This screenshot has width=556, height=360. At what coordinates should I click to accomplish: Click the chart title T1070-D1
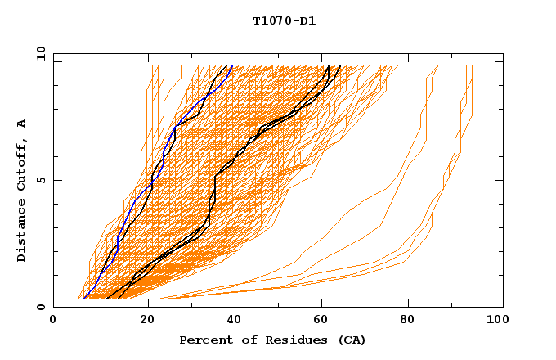click(x=285, y=20)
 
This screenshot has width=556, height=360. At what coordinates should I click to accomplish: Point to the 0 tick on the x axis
click(x=53, y=322)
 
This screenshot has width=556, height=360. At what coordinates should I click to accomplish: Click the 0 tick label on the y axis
click(x=41, y=307)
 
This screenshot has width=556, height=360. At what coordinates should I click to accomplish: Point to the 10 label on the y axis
click(x=38, y=53)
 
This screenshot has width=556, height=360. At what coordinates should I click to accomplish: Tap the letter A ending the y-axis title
click(x=22, y=124)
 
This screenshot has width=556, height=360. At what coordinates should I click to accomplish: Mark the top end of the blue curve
click(x=232, y=66)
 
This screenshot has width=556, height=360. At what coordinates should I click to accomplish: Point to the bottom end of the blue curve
click(x=83, y=299)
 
